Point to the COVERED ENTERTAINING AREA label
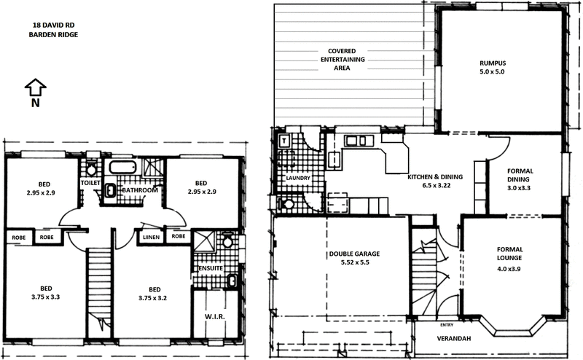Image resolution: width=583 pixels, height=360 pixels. (x=336, y=59)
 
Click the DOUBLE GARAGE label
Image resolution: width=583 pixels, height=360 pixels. (x=355, y=254)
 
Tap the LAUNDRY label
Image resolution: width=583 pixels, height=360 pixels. (x=300, y=178)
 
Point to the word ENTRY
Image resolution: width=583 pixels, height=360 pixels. (x=447, y=325)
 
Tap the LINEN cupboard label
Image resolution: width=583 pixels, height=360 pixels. (x=152, y=237)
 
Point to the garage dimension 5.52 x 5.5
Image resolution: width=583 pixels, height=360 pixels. (x=355, y=263)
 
